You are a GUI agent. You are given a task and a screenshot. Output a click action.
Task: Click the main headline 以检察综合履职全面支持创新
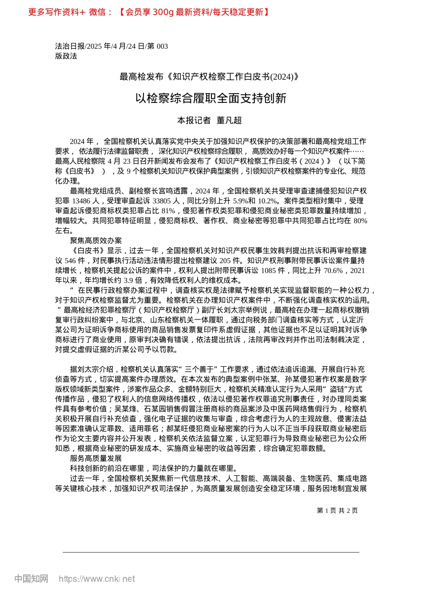point(211,98)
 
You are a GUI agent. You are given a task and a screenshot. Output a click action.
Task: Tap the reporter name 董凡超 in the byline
point(229,120)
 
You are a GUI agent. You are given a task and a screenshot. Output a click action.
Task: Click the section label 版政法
point(66,56)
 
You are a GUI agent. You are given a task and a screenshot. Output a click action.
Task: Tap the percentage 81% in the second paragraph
point(169,211)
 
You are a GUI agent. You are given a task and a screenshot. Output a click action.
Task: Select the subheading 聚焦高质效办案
point(96,240)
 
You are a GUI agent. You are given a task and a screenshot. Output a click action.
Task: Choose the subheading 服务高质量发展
point(96,458)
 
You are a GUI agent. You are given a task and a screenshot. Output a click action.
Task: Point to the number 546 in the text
point(70,260)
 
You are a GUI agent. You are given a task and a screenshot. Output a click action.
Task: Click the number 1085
point(269,270)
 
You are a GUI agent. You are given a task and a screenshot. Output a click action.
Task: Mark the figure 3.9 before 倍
point(128,280)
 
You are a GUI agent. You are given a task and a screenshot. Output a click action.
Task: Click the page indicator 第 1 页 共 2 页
point(337,510)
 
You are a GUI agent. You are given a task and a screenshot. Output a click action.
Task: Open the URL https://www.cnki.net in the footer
point(96,579)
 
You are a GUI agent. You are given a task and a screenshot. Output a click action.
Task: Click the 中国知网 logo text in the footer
point(31,579)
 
